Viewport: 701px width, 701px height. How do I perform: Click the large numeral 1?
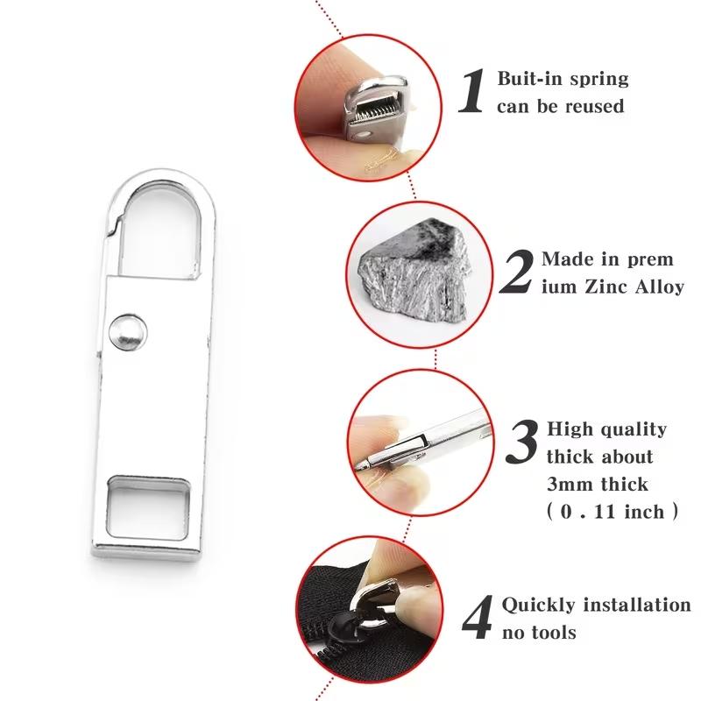pos(473,92)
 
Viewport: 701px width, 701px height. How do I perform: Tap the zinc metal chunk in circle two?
pos(409,273)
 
